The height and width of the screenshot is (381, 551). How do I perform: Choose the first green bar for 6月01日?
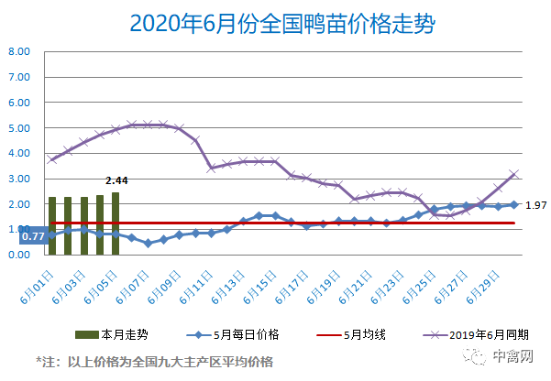[x=52, y=225]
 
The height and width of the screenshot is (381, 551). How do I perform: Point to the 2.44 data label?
[x=116, y=181]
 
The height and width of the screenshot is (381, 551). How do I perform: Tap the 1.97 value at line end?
[x=536, y=205]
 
